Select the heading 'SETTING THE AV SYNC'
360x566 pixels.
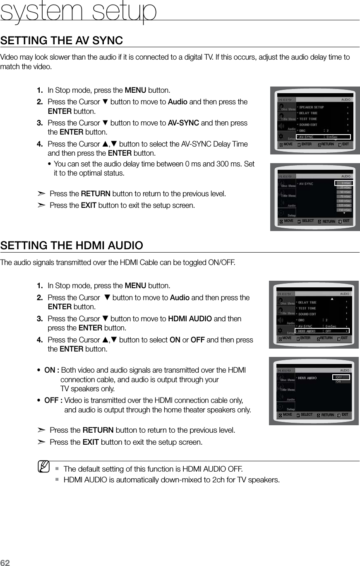62,41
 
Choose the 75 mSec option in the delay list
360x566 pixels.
343,196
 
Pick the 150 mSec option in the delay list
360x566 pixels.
343,210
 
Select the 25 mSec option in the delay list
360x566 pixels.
343,187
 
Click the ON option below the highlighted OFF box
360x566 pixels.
339,382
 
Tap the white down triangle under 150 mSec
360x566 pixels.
343,214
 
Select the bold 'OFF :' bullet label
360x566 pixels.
53,400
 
